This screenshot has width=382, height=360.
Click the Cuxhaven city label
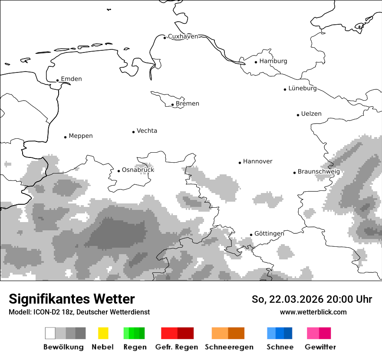pos(183,36)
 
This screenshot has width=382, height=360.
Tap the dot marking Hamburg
pos(256,62)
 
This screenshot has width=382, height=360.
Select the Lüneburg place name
pos(303,88)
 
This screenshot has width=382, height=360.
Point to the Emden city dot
pos(57,80)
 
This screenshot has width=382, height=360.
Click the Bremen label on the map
pos(188,104)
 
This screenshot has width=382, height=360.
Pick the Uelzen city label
pos(311,114)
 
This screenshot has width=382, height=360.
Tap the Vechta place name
pos(147,131)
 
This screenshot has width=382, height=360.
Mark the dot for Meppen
pos(65,137)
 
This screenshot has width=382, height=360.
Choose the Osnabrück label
pos(138,170)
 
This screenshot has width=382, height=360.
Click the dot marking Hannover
pos(240,163)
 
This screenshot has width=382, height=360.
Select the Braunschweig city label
pos(319,172)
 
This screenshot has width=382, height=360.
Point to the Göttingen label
pos(269,234)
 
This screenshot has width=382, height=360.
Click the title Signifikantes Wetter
pos(72,299)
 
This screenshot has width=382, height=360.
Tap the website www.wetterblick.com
pos(313,312)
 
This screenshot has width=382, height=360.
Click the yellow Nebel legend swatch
pos(103,333)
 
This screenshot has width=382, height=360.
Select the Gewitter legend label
pos(320,347)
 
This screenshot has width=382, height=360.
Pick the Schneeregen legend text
pos(229,347)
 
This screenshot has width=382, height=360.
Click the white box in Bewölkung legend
pos(50,333)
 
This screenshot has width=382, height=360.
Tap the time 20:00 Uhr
pos(350,299)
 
